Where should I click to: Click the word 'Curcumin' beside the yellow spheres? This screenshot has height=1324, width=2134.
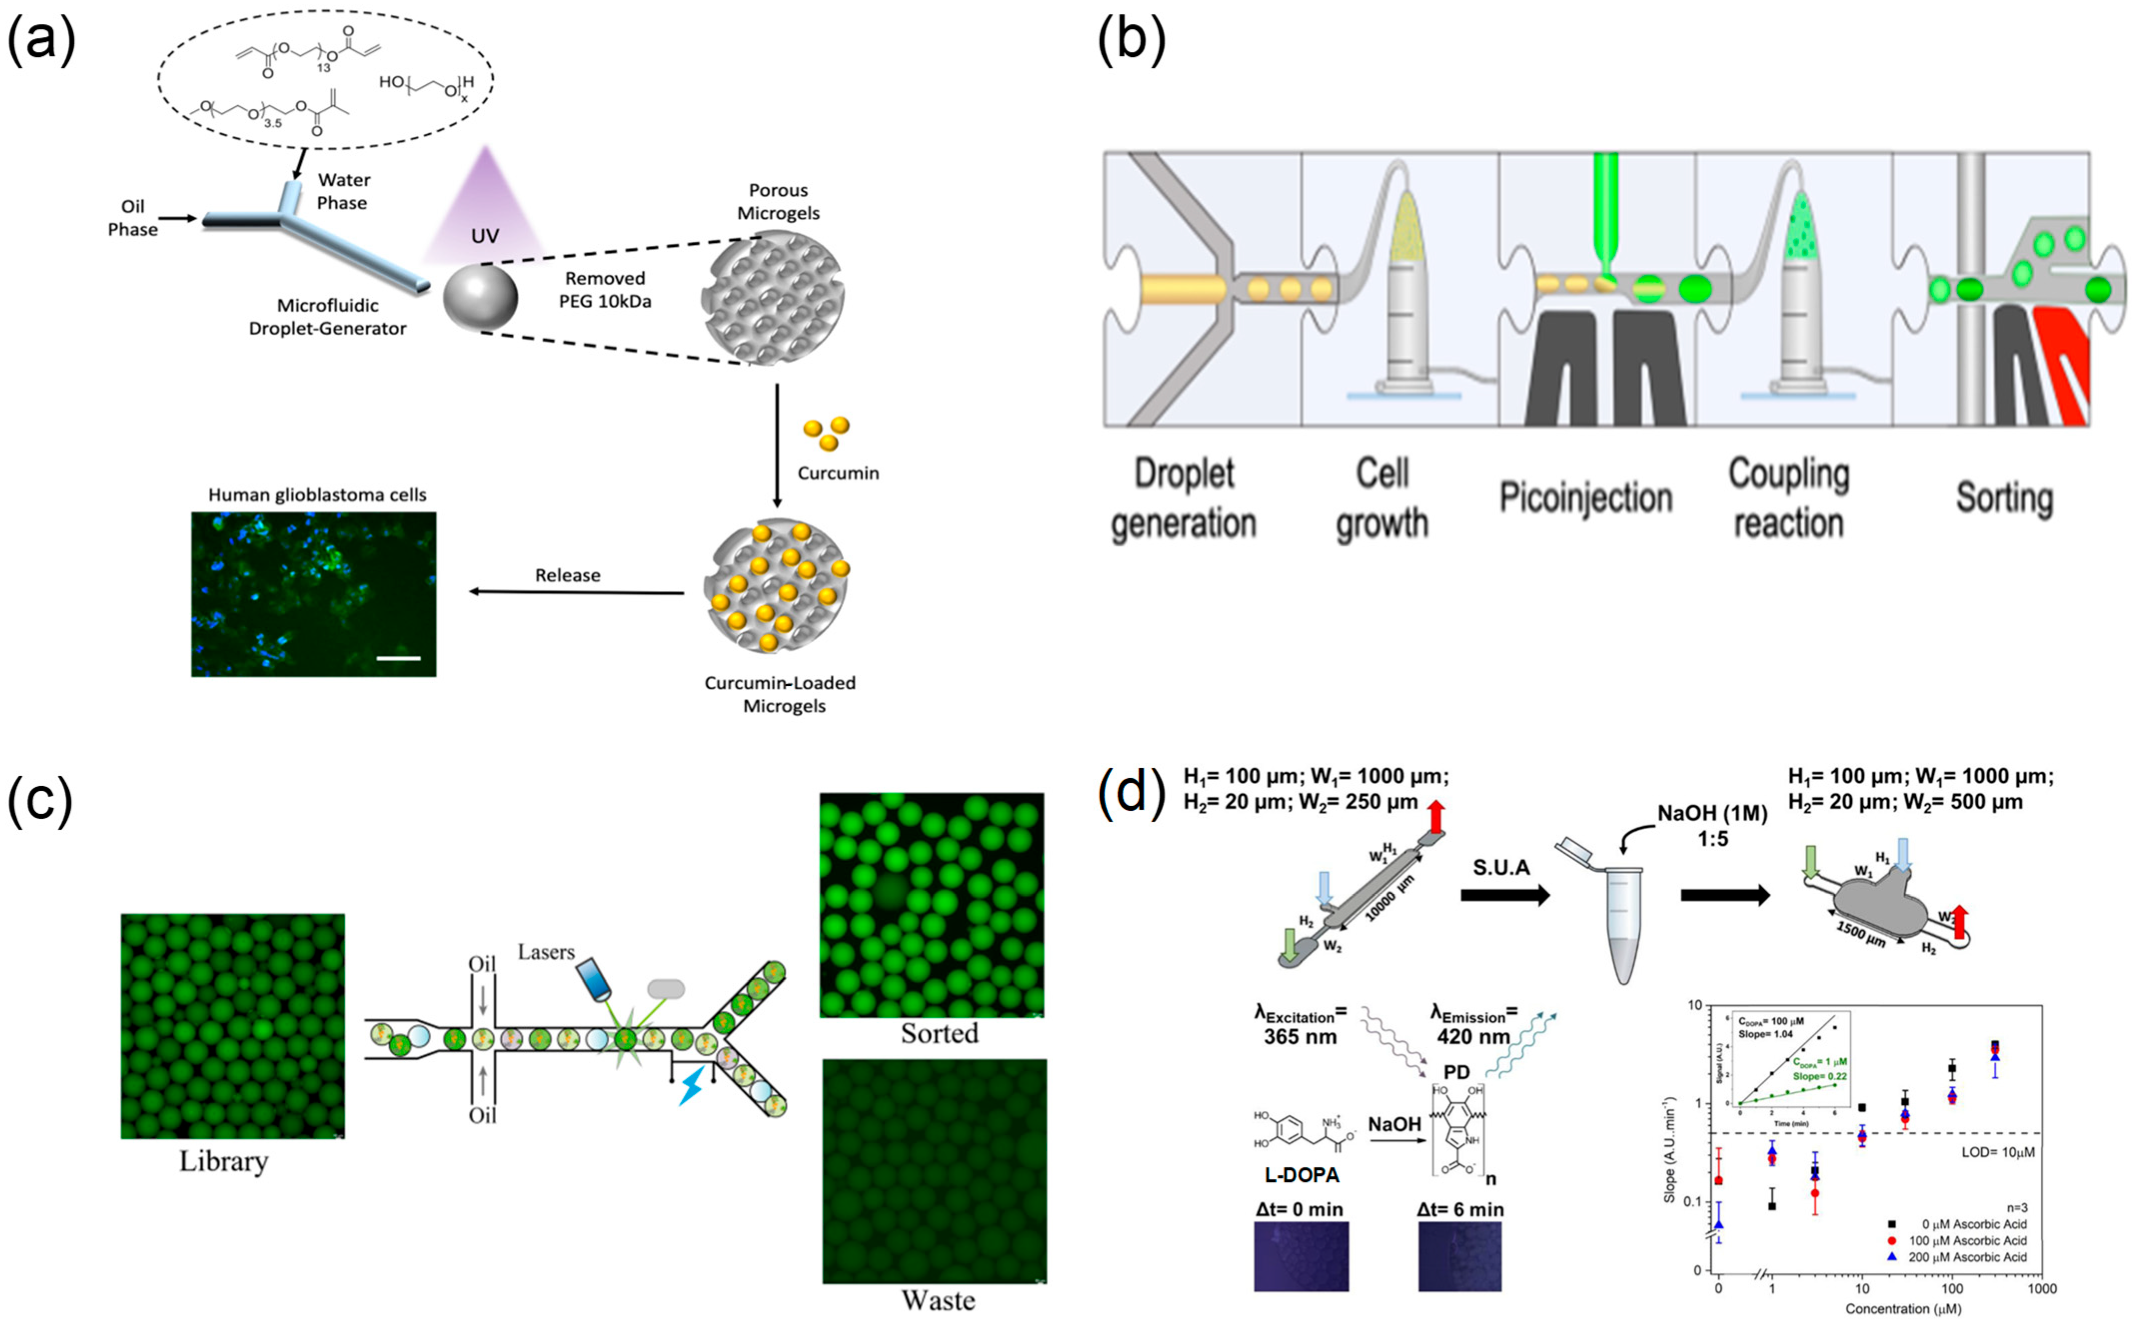coord(837,473)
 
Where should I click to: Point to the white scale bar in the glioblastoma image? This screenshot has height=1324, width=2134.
coord(399,658)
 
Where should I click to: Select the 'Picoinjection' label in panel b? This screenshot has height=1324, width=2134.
coord(1585,497)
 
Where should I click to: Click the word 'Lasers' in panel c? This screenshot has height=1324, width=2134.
coord(546,952)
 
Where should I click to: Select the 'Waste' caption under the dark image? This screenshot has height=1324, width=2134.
coord(937,1301)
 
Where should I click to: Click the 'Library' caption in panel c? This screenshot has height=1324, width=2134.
coord(224,1161)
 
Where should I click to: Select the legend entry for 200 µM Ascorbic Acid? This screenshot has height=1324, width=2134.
coord(1967,1258)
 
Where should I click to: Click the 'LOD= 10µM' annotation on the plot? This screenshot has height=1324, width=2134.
coord(1997,1152)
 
